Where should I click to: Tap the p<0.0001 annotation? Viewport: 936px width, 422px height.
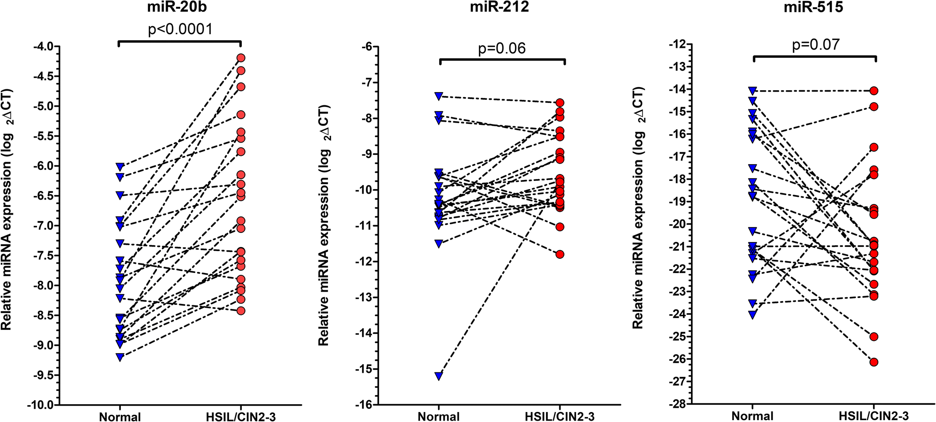180,30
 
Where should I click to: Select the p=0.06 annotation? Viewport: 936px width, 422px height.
502,48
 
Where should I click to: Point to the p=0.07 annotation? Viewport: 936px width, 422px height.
816,45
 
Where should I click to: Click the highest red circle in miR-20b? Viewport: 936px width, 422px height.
241,58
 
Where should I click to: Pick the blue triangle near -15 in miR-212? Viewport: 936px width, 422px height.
439,376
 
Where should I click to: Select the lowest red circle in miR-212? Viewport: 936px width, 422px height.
560,254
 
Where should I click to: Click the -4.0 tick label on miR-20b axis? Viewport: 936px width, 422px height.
42,46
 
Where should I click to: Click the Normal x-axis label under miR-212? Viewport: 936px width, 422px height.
439,417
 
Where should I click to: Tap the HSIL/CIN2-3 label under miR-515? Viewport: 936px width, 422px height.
874,416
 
